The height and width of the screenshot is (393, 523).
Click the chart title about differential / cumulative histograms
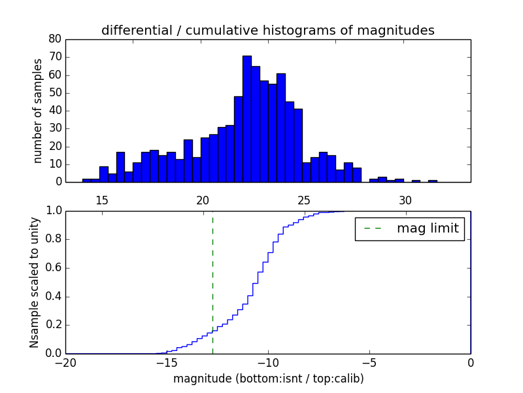(x=267, y=30)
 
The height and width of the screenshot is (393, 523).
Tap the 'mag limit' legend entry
(x=409, y=229)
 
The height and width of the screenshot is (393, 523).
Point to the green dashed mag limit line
(x=212, y=282)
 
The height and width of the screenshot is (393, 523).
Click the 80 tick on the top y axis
(x=56, y=39)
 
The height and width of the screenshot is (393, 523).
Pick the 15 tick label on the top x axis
(x=102, y=200)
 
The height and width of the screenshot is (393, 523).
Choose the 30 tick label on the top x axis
(x=405, y=200)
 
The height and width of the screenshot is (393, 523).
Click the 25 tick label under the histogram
(x=304, y=200)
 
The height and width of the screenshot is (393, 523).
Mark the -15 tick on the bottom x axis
(x=167, y=362)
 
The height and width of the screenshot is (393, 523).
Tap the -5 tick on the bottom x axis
(x=369, y=362)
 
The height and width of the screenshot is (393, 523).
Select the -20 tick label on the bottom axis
(x=65, y=362)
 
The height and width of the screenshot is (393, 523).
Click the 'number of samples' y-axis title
(x=38, y=110)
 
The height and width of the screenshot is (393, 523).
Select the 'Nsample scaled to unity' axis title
(x=34, y=282)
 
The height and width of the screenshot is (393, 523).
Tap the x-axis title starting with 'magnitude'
(x=268, y=379)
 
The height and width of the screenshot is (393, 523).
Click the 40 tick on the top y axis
(x=56, y=111)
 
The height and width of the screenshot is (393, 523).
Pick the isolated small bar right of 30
(x=433, y=181)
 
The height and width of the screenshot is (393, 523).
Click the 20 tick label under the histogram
(x=203, y=200)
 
